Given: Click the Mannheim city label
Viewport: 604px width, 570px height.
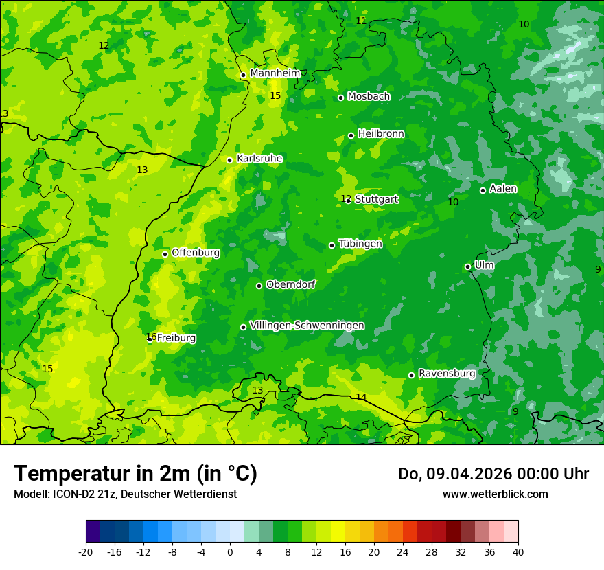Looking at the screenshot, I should [275, 73].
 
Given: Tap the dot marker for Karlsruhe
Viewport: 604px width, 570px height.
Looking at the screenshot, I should [229, 160].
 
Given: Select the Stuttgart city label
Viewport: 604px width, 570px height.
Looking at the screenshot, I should [376, 199].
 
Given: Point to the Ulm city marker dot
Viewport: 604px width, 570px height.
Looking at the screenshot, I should [467, 266].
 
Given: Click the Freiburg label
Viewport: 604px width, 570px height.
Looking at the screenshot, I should [176, 338].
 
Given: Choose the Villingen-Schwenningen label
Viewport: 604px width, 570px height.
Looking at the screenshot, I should [307, 326].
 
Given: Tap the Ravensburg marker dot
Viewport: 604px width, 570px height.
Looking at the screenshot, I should [411, 375].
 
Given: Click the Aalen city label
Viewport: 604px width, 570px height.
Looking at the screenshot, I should [503, 189].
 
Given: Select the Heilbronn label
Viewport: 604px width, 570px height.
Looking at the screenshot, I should [381, 134].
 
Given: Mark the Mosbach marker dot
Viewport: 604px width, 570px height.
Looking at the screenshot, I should [340, 98].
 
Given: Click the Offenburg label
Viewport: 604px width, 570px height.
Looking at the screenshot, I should [196, 253].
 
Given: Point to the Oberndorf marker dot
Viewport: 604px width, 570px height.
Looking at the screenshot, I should [259, 286].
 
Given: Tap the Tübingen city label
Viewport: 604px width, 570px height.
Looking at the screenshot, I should [360, 244].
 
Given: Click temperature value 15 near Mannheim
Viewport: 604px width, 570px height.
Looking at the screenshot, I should [275, 95].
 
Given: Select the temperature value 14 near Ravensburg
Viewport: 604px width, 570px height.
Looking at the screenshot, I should [361, 397].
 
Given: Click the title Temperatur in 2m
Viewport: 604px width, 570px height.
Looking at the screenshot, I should [135, 473].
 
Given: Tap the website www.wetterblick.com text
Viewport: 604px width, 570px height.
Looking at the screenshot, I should [495, 494].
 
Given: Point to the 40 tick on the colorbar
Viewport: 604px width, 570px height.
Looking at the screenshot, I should [518, 551].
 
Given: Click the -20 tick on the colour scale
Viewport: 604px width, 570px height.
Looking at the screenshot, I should [86, 551].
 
